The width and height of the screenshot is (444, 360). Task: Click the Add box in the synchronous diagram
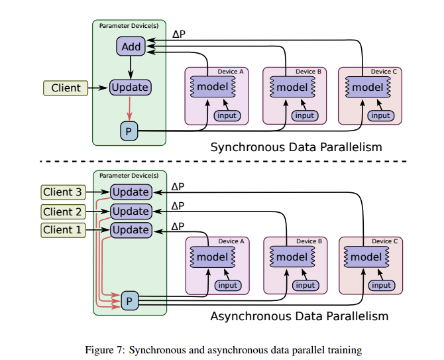click(x=131, y=46)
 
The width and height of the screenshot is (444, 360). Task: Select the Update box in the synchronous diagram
click(x=130, y=87)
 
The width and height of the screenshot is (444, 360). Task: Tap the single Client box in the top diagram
click(x=66, y=88)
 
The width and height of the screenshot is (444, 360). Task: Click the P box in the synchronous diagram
click(x=129, y=131)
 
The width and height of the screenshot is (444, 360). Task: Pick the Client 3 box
click(x=63, y=192)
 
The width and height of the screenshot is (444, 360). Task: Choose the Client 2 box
click(x=63, y=211)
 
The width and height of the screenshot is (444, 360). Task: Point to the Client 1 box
click(x=63, y=230)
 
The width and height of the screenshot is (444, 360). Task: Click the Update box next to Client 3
click(x=131, y=192)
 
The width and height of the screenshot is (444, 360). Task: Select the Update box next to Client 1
click(x=131, y=230)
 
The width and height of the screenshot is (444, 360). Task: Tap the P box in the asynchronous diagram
click(x=130, y=300)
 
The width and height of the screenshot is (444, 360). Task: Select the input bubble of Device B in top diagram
click(x=304, y=115)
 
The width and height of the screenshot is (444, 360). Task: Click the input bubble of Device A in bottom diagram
click(x=228, y=285)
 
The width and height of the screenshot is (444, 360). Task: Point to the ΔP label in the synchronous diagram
click(x=179, y=34)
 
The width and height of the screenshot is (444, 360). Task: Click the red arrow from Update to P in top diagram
click(x=130, y=109)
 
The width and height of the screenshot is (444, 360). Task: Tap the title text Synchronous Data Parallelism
click(x=296, y=147)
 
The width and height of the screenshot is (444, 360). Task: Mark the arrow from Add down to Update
click(x=131, y=67)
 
